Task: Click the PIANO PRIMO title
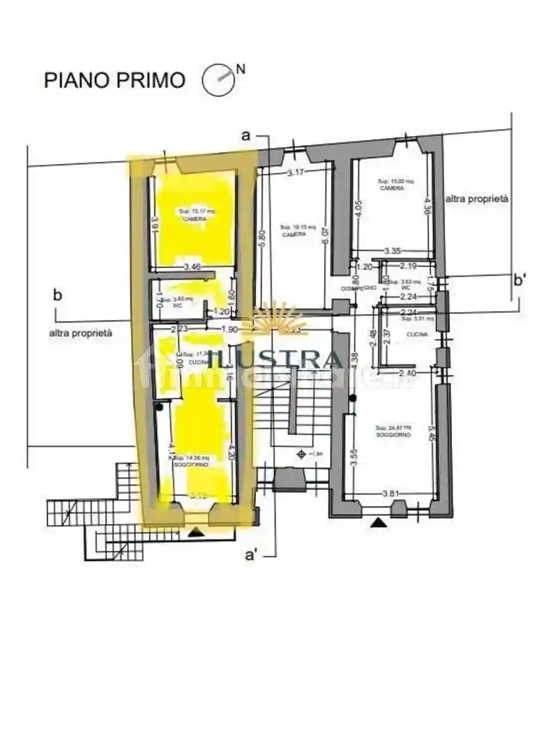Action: [x=115, y=79]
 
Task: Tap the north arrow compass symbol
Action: [x=219, y=79]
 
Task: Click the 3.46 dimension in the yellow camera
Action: [x=192, y=266]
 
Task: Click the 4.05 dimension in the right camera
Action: [x=358, y=211]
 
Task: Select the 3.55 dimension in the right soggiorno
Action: [x=354, y=457]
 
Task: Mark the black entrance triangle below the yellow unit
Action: [x=197, y=533]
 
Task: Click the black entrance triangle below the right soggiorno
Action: [x=379, y=522]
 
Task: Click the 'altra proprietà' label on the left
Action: [x=80, y=333]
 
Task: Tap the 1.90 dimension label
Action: [x=229, y=330]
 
